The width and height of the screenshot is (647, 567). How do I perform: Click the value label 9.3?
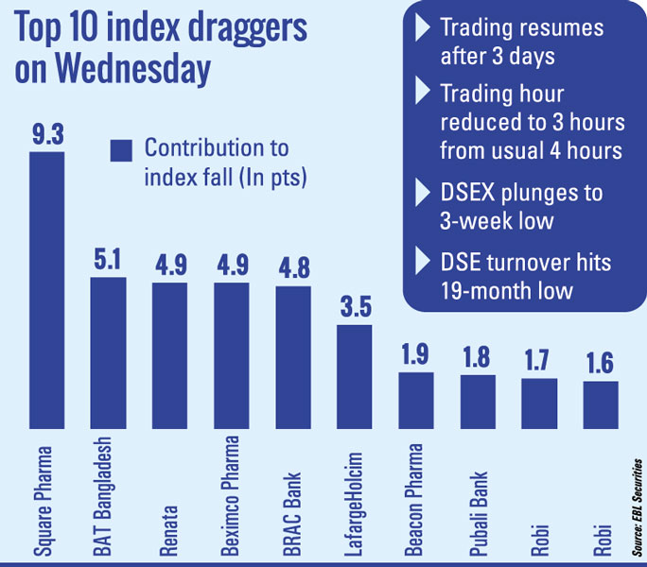46,134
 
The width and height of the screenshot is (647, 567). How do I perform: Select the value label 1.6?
601,363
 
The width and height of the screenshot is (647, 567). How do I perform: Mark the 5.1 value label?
108,259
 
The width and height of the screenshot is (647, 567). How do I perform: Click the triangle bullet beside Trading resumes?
423,27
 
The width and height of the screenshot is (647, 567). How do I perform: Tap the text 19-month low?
506,289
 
